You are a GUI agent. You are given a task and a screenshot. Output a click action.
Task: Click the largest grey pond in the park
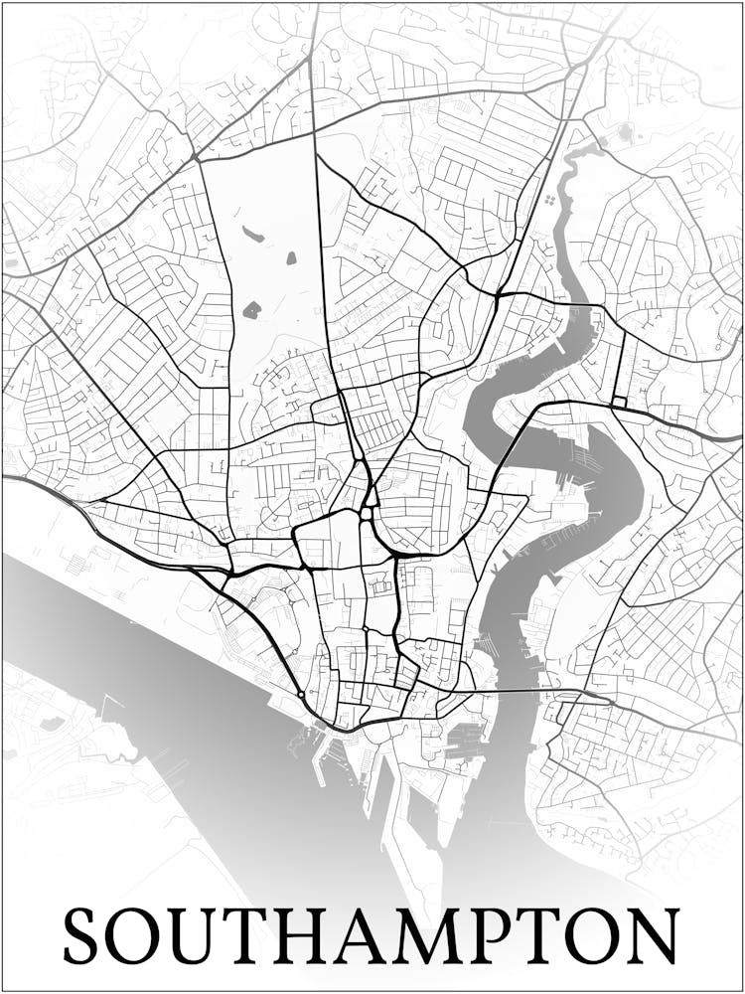[252, 310]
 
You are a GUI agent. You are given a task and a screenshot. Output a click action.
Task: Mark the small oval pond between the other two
[292, 258]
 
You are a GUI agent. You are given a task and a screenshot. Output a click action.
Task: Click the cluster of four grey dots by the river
[548, 200]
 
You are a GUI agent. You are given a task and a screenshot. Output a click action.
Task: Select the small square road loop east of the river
[620, 402]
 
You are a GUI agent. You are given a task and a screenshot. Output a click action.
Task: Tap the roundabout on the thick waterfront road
[301, 695]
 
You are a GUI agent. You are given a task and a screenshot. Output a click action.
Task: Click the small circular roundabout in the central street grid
[366, 629]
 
